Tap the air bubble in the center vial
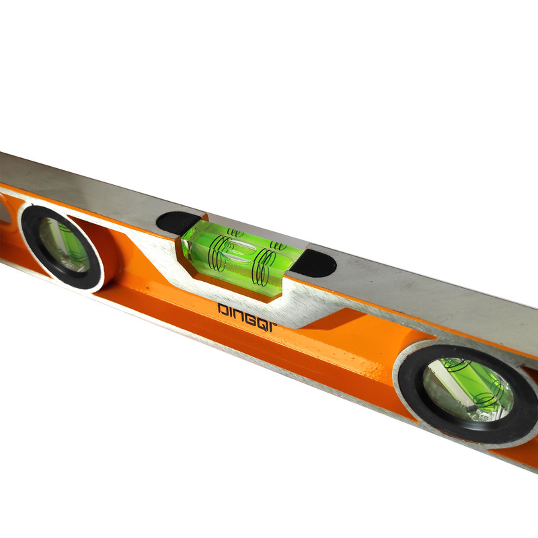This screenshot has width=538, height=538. coord(239,250)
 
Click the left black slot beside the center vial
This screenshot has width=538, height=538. coord(178,223)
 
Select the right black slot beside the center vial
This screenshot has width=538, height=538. coord(314,263)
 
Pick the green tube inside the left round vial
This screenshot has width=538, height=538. coord(69,244)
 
